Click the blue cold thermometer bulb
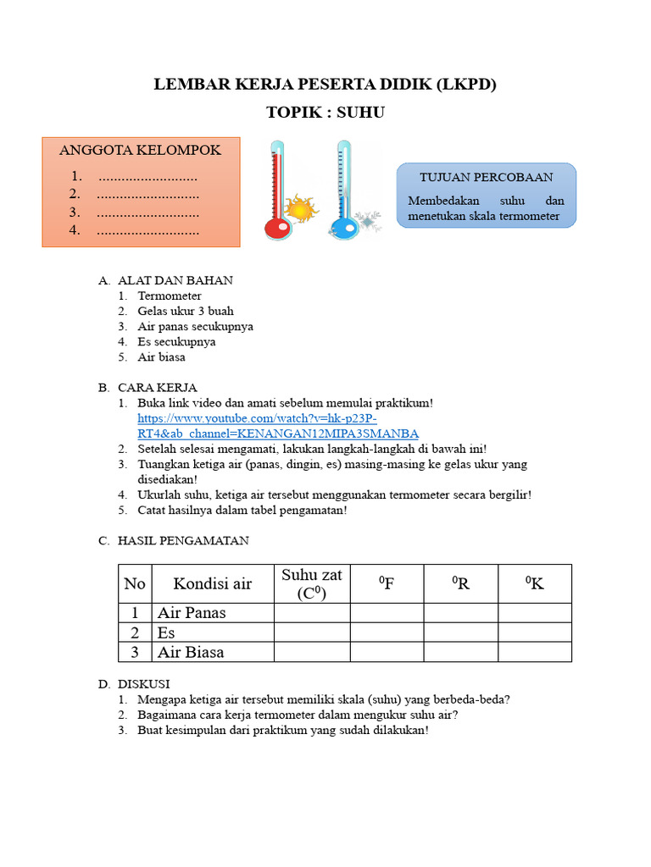click(343, 229)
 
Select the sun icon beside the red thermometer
click(298, 208)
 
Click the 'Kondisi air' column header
click(213, 583)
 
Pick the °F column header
click(387, 583)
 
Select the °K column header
click(535, 583)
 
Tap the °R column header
click(461, 583)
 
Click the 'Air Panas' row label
click(192, 613)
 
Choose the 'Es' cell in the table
click(165, 632)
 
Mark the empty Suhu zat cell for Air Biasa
click(312, 652)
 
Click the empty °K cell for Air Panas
click(535, 613)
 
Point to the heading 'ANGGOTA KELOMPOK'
click(140, 150)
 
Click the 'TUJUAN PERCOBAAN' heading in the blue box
click(487, 177)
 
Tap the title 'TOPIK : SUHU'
click(325, 112)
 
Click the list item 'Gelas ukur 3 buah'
click(186, 311)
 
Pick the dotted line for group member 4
click(147, 230)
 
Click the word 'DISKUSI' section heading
click(144, 683)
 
